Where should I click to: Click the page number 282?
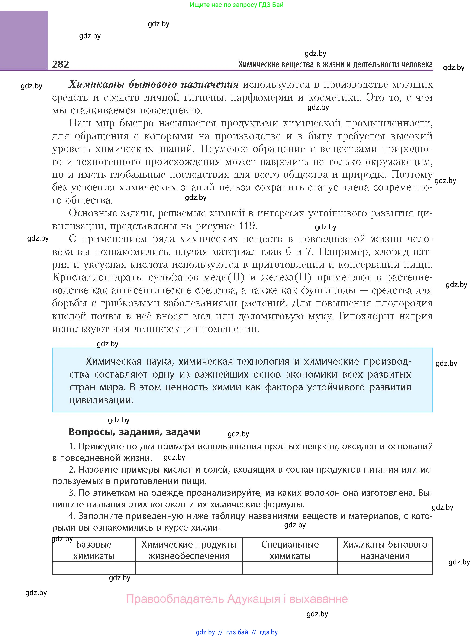[61, 64]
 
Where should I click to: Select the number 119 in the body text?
[247, 226]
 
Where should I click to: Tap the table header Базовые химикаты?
[94, 550]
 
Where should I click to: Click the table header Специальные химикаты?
[290, 550]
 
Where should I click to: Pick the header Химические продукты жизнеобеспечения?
[189, 550]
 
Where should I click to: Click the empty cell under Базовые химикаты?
[94, 568]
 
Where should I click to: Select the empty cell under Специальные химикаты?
[290, 568]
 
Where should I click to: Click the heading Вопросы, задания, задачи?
[134, 432]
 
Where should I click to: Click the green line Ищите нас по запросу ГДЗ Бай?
[236, 5]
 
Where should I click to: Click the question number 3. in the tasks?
[72, 493]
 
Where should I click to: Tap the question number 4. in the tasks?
[72, 516]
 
